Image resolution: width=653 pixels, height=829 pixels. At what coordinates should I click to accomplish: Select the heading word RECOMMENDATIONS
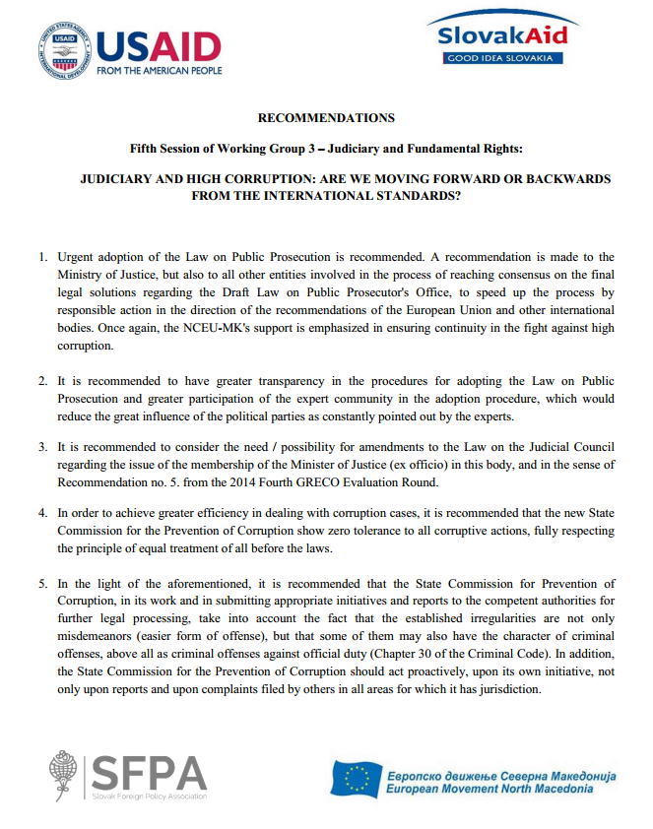[x=326, y=118]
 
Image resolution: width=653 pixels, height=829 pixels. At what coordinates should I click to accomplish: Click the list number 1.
[x=42, y=257]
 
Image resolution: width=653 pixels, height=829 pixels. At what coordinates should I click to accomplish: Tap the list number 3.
[x=42, y=446]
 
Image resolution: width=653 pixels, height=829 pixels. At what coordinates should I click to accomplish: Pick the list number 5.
[x=42, y=584]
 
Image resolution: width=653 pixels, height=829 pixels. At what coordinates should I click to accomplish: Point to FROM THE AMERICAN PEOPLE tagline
[x=160, y=70]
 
